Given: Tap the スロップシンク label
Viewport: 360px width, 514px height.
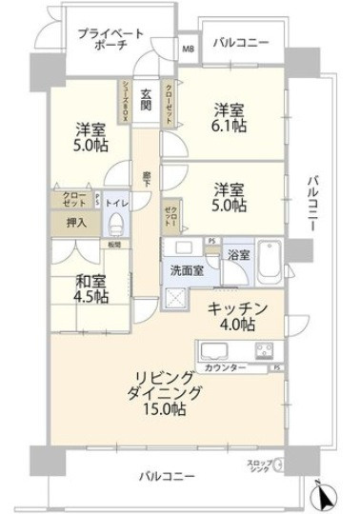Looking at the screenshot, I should (258, 466).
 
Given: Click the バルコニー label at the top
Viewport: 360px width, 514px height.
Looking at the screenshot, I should (240, 43).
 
